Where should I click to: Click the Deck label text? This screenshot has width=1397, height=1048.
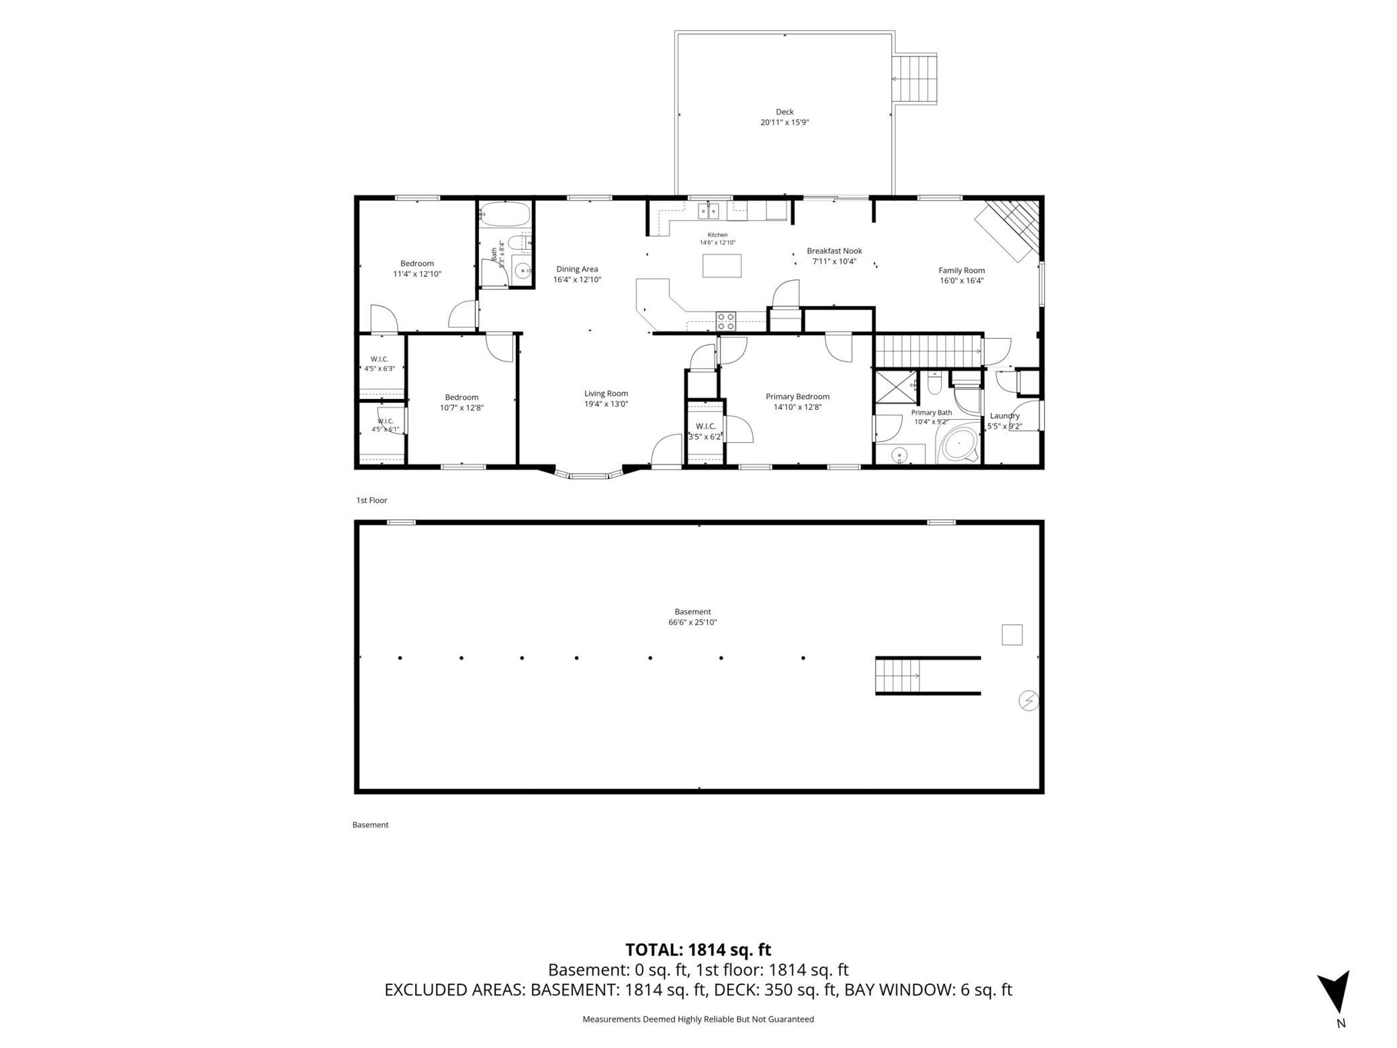coord(784,112)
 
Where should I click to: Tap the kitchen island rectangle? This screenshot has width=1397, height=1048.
coord(722,265)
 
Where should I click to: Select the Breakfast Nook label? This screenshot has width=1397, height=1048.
coord(834,251)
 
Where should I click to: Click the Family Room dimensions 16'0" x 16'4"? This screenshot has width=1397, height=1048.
coord(962,281)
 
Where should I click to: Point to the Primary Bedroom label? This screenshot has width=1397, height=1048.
coord(797,396)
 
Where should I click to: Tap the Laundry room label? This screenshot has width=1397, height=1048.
coord(1005,416)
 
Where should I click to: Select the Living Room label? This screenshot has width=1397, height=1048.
coord(606,394)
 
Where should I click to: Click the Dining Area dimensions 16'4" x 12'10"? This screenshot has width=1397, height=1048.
coord(577,279)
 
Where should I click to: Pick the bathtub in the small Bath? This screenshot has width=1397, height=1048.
coord(505,214)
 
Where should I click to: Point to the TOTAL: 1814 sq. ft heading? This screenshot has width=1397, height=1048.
coord(698,949)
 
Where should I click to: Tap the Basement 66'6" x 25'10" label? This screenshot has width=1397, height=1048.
coord(692,617)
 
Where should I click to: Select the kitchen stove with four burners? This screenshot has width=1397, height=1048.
coord(726,320)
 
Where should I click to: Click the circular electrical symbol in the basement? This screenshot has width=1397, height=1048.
coord(1028,701)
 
